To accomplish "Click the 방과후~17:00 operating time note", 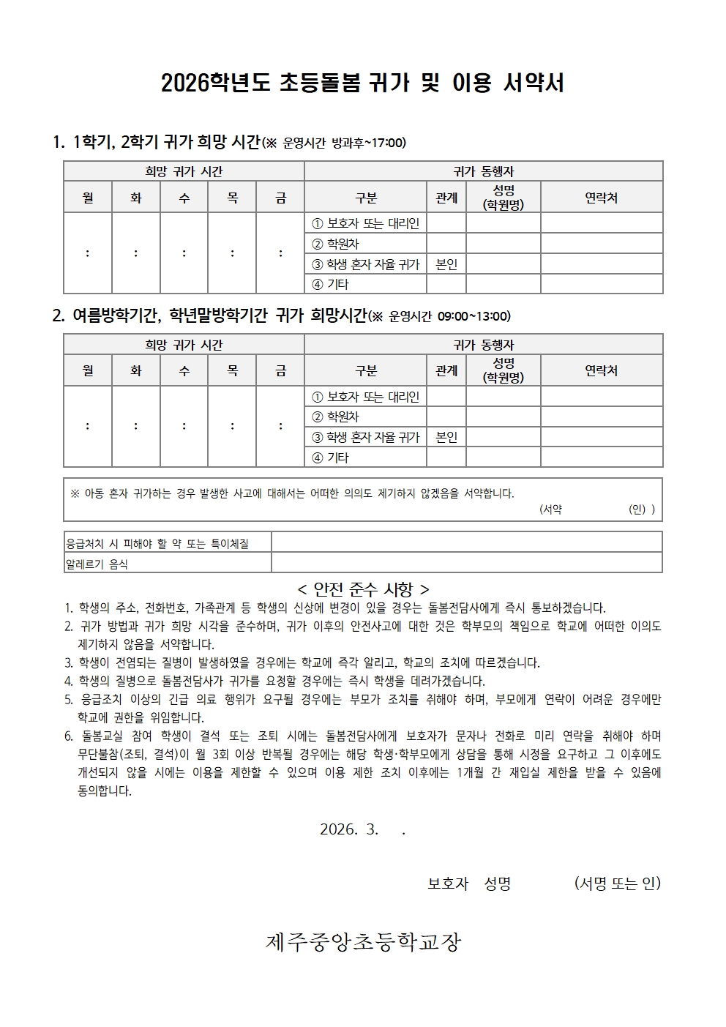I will click(369, 143).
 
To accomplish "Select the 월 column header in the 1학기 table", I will click(88, 198).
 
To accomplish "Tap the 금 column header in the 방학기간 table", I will click(280, 371).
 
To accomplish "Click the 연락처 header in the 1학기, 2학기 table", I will click(602, 198).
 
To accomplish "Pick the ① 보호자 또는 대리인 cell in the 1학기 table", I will click(365, 223).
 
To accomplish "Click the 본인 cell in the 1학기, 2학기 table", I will click(446, 264).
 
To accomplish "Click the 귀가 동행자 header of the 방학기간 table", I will click(484, 345).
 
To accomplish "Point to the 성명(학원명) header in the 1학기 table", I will click(504, 198).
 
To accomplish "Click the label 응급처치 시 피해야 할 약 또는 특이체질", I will click(158, 543).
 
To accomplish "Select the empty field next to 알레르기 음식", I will click(466, 563).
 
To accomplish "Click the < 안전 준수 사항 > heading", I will click(363, 589).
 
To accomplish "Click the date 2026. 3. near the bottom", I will click(349, 829).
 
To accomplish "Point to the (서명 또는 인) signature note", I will click(618, 884).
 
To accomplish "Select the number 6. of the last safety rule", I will click(68, 736).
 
